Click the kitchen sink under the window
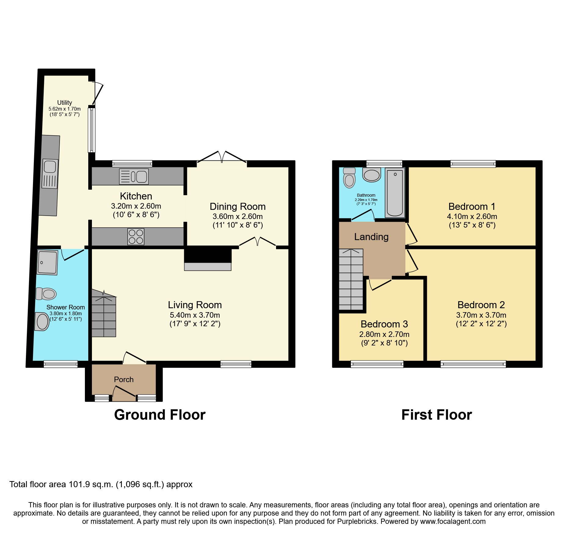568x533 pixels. (134, 177)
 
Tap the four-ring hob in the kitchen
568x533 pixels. (136, 237)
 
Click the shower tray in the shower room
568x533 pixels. (47, 262)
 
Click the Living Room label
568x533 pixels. (195, 305)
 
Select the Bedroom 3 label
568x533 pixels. (384, 324)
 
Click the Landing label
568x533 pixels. (371, 237)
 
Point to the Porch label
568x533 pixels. (124, 379)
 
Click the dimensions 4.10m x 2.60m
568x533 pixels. (472, 216)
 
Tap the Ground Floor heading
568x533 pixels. (160, 415)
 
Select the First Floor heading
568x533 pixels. (436, 415)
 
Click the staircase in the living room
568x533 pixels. (104, 315)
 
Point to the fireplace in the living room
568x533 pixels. (208, 260)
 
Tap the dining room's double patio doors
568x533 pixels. (222, 157)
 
